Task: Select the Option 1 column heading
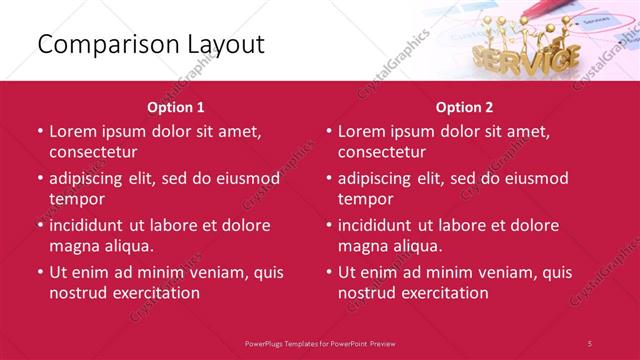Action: pyautogui.click(x=176, y=106)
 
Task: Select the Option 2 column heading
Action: pyautogui.click(x=465, y=106)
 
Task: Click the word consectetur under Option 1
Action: pyautogui.click(x=94, y=152)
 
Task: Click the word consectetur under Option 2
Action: pyautogui.click(x=383, y=152)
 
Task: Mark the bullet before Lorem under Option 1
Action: pyautogui.click(x=40, y=132)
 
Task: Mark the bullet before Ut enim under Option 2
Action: pyautogui.click(x=329, y=272)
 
